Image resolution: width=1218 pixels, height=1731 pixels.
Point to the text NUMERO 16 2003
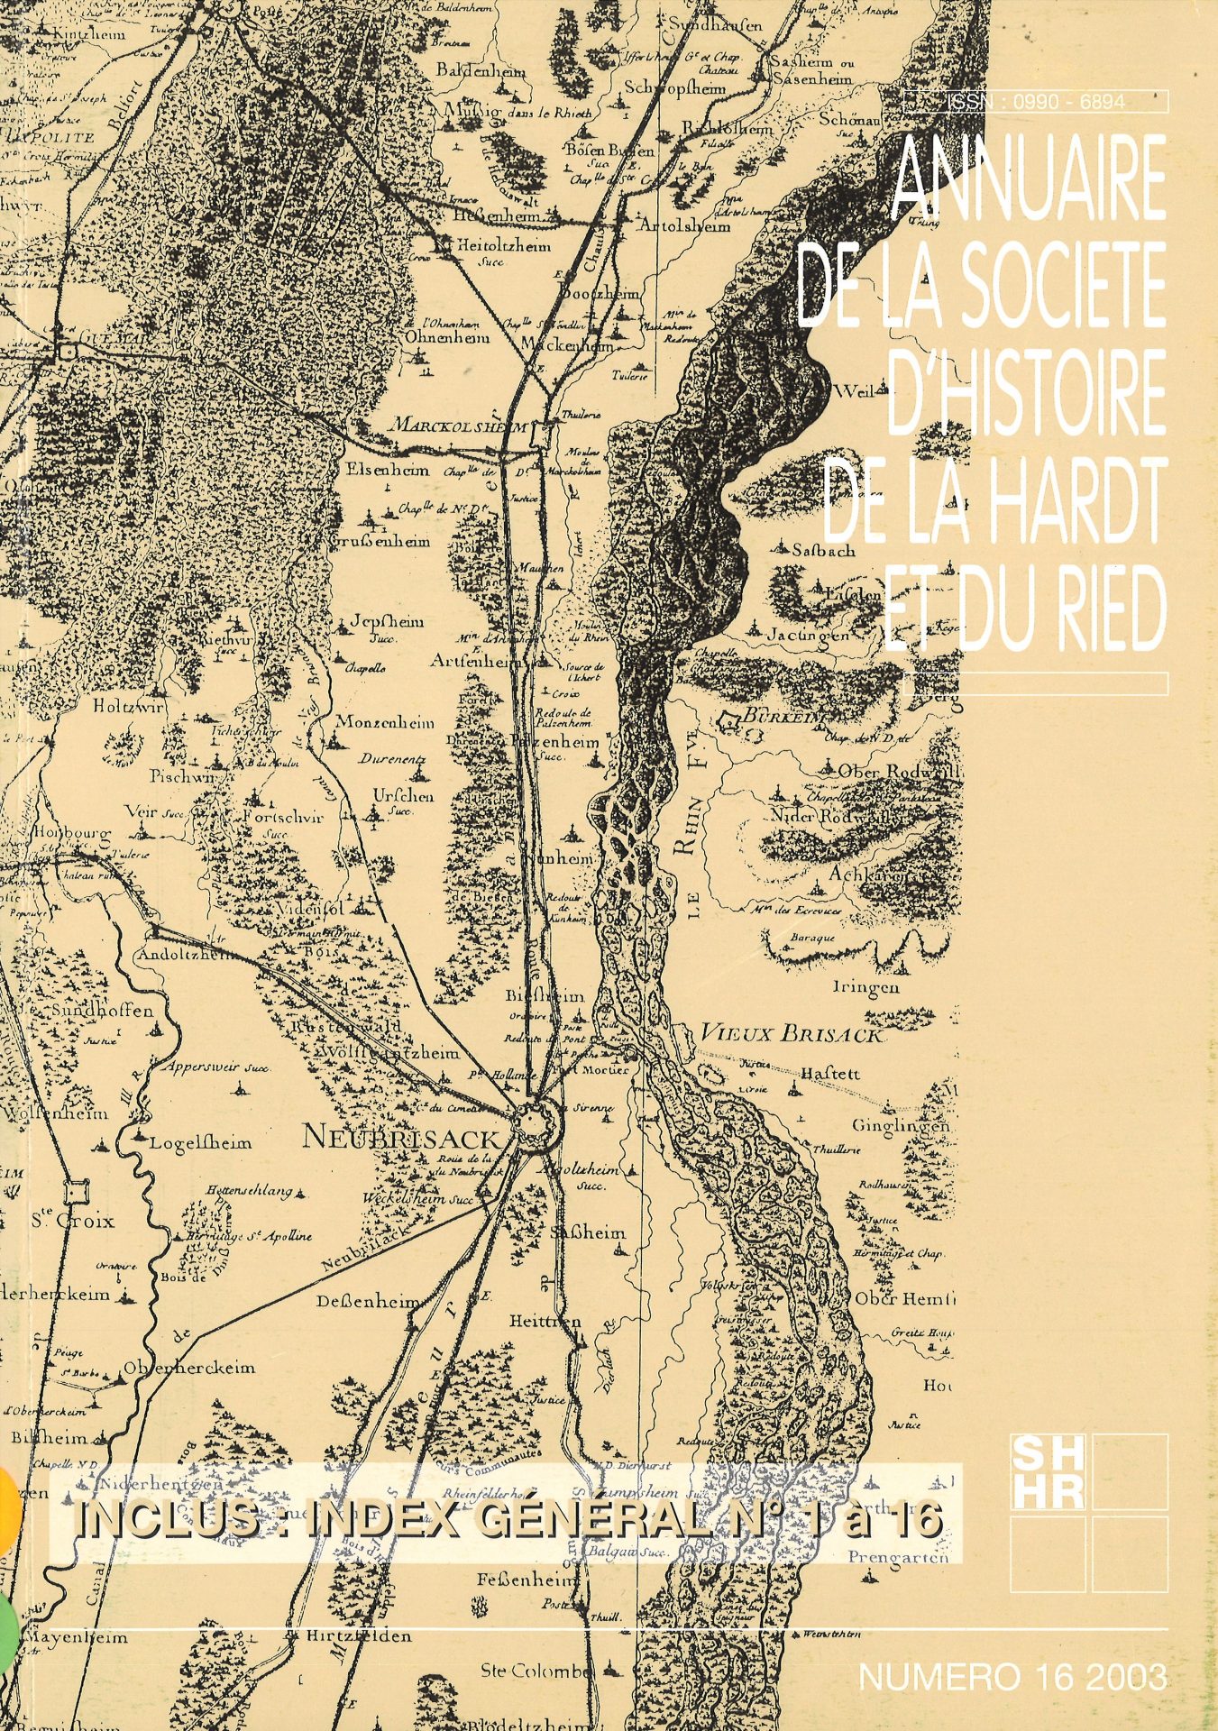(1012, 1678)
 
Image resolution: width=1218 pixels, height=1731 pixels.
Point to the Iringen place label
(865, 986)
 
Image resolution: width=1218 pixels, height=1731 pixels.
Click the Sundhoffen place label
(102, 1011)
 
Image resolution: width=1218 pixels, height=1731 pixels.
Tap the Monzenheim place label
(385, 722)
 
